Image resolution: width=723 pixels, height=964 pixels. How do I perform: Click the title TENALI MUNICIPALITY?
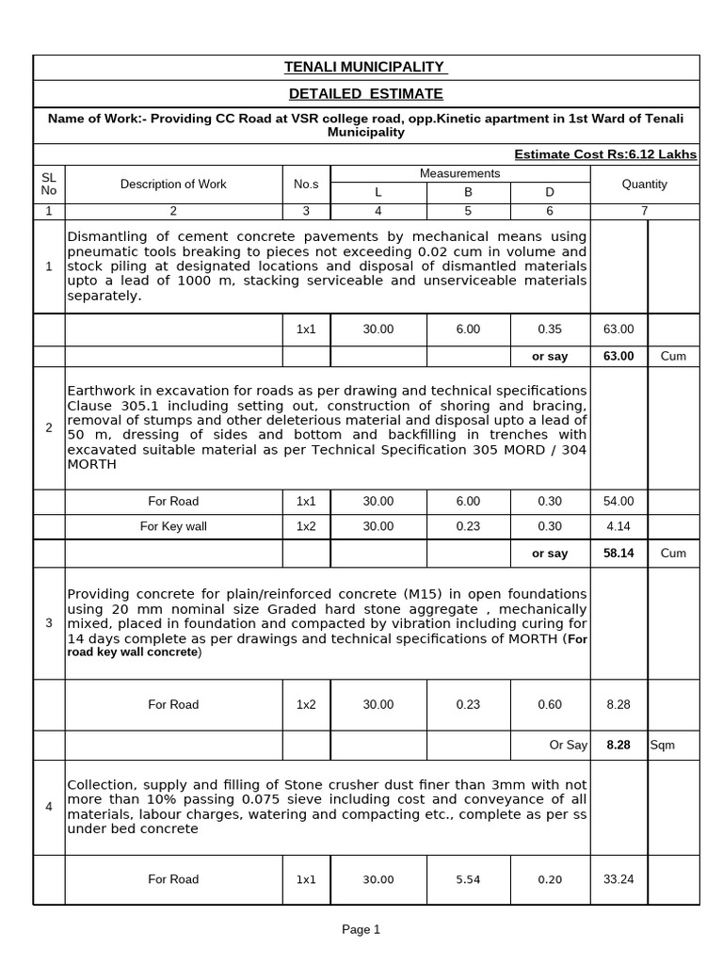click(x=366, y=67)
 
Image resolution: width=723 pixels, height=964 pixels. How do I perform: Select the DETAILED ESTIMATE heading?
click(x=366, y=94)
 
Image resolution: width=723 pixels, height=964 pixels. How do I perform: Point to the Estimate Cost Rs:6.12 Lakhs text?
click(x=605, y=154)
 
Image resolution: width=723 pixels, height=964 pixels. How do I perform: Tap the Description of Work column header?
click(x=173, y=185)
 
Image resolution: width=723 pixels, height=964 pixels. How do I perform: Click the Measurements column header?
click(x=459, y=173)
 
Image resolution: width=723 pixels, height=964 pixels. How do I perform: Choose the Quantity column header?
click(x=645, y=185)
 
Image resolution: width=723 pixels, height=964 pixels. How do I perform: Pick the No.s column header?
click(x=306, y=185)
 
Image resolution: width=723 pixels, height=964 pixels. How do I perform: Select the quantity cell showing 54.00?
click(x=619, y=502)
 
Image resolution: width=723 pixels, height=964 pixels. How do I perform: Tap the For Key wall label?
click(x=173, y=527)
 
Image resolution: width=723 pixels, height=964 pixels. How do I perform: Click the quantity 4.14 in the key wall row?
click(x=619, y=527)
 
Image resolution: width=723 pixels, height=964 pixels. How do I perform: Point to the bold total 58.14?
click(x=619, y=554)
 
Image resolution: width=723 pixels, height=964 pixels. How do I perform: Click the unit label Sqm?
click(x=663, y=745)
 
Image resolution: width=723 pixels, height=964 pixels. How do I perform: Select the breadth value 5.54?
click(x=468, y=879)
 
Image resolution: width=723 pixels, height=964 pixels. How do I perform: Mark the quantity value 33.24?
click(x=619, y=879)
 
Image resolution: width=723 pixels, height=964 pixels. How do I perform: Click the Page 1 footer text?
click(x=361, y=930)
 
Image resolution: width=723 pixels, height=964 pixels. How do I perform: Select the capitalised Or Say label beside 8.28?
click(x=569, y=745)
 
